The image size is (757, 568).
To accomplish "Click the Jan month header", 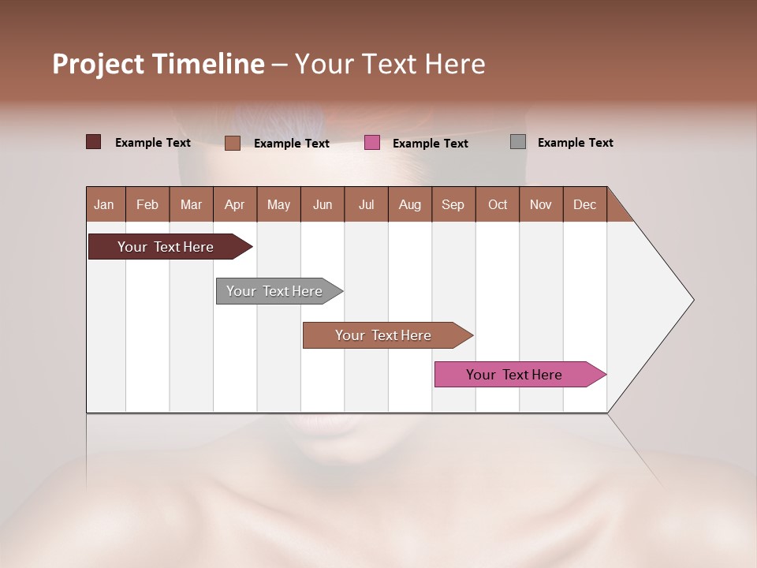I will (x=104, y=204).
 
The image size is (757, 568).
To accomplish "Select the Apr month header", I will (x=234, y=204).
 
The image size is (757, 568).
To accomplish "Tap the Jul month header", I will (x=366, y=204).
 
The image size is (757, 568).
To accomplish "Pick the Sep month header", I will (x=453, y=204).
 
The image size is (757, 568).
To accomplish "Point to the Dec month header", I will (x=584, y=204).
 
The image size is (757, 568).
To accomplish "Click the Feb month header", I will (x=147, y=204).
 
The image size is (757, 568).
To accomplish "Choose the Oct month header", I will (x=498, y=204).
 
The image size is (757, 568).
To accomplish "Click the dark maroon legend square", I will (x=93, y=142).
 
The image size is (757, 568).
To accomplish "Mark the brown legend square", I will (x=233, y=143).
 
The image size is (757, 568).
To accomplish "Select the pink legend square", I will (x=372, y=142).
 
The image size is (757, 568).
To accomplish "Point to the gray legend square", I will (x=518, y=142).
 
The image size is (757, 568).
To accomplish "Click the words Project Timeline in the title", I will (x=158, y=64).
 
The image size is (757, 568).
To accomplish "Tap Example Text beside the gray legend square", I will (x=575, y=143).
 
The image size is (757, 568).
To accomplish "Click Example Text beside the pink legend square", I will (x=430, y=144).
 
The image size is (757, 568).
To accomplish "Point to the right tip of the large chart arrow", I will (x=692, y=300).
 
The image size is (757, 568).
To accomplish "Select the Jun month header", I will (x=322, y=204).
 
